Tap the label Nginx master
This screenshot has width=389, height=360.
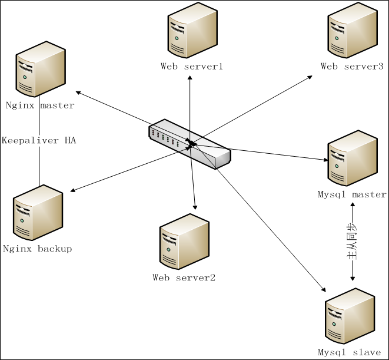40,106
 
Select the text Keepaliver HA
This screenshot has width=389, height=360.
39,141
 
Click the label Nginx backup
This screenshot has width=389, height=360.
38,249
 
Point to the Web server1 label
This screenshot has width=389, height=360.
192,66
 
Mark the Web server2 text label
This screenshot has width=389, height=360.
184,277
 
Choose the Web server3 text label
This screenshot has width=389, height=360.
352,66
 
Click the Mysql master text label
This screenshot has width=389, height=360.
352,194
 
